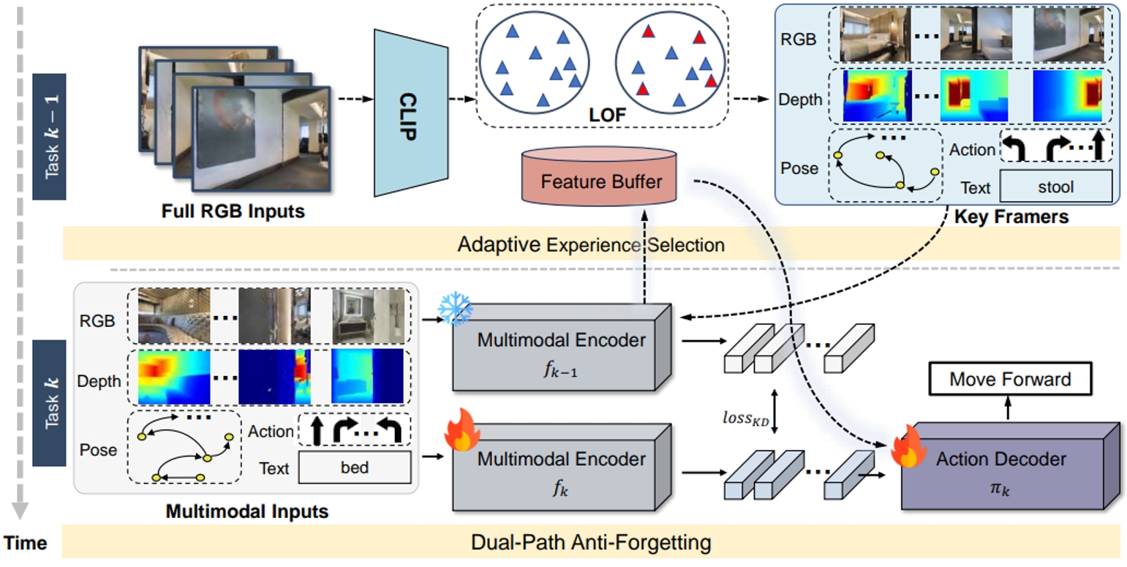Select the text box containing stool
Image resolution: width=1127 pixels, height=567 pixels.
(1055, 187)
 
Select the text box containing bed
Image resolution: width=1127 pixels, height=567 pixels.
(354, 468)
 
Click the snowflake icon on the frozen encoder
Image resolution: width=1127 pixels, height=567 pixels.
(455, 310)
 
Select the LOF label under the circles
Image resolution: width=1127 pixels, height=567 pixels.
(603, 116)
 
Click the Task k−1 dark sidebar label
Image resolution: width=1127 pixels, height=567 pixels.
(53, 137)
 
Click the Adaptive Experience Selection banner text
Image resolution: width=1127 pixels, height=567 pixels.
(590, 244)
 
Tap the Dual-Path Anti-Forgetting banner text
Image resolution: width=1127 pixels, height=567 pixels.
(590, 543)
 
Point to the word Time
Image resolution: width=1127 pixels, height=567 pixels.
(27, 543)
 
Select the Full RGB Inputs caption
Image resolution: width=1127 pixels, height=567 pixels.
(233, 212)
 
